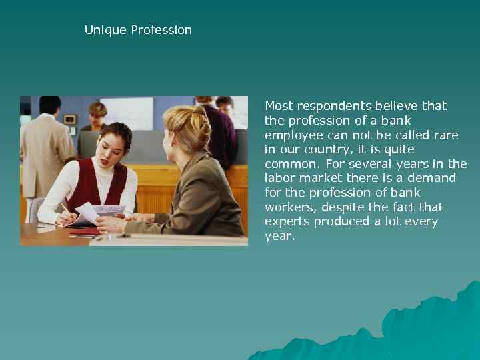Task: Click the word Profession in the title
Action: [161, 30]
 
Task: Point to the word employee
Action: [293, 135]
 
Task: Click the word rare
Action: [445, 135]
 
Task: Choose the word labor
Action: [281, 179]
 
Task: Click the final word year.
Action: [279, 236]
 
